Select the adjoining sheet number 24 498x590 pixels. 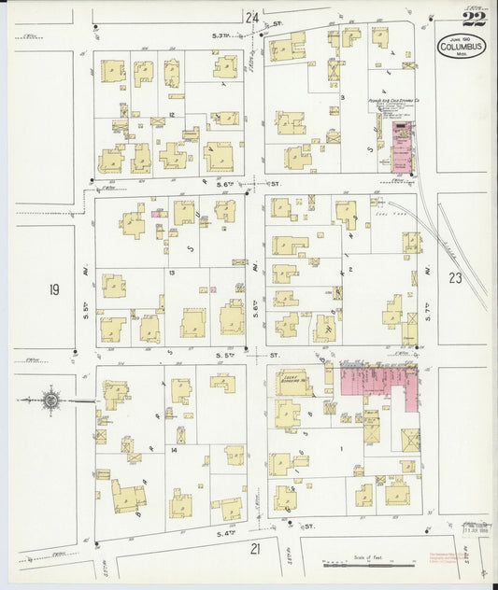click(x=250, y=17)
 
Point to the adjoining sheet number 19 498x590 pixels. click(x=53, y=290)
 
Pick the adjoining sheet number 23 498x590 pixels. click(x=454, y=277)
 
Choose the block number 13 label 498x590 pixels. click(x=173, y=273)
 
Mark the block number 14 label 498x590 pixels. click(x=174, y=449)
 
